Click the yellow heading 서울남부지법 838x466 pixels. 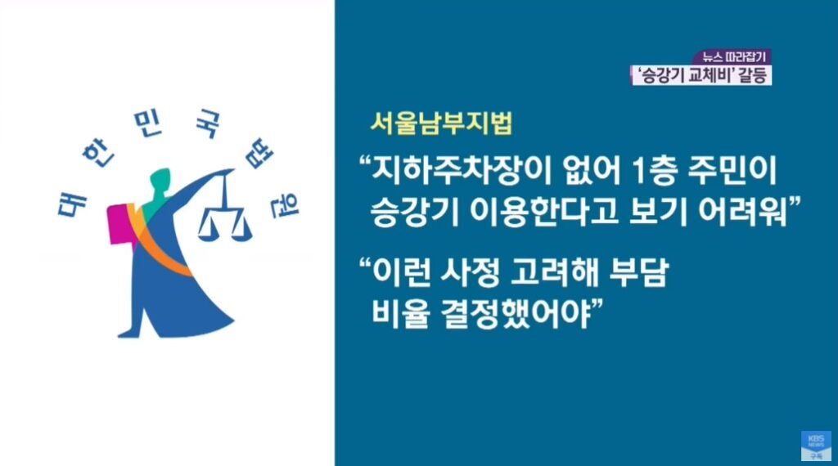pos(441,123)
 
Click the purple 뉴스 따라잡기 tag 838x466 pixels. pos(733,57)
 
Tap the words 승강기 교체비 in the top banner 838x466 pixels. pos(682,74)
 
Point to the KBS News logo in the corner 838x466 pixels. pos(816,446)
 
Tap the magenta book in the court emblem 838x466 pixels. pos(120,224)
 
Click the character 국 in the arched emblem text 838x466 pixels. pos(206,124)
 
